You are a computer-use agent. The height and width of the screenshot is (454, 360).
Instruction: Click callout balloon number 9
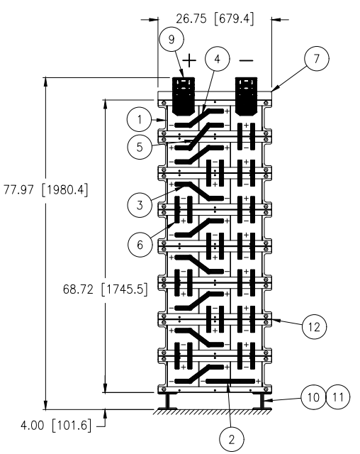click(171, 39)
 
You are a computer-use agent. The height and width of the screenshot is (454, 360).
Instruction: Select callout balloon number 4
click(217, 59)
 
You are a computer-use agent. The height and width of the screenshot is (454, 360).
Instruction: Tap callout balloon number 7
click(317, 58)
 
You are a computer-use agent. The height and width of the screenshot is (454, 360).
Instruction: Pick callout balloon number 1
click(140, 119)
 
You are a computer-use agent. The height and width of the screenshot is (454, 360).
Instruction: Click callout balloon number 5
click(140, 147)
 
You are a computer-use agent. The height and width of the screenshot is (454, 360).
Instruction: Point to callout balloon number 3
click(140, 205)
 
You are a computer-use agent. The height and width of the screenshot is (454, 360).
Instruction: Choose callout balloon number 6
click(140, 245)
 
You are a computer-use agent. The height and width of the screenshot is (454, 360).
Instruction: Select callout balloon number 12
click(315, 327)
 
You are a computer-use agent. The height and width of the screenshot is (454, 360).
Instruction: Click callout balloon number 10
click(313, 397)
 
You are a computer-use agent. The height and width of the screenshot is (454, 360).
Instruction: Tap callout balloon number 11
click(338, 397)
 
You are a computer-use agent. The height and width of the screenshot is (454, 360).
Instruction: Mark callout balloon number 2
click(232, 439)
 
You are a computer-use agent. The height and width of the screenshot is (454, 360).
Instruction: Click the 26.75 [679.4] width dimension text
click(215, 19)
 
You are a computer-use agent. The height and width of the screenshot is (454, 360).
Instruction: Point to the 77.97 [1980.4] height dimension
click(45, 190)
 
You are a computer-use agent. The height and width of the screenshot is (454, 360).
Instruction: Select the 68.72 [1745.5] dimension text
click(106, 289)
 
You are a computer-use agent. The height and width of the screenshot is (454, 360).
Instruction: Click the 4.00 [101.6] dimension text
click(56, 426)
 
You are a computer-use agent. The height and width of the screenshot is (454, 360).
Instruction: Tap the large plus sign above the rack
click(189, 60)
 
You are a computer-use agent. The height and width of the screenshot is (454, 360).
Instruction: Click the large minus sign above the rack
click(247, 60)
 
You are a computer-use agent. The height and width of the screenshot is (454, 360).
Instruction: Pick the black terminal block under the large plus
click(184, 96)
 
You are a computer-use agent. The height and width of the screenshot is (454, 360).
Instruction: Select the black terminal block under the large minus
click(247, 96)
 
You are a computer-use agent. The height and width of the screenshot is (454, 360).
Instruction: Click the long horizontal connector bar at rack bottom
click(230, 381)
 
